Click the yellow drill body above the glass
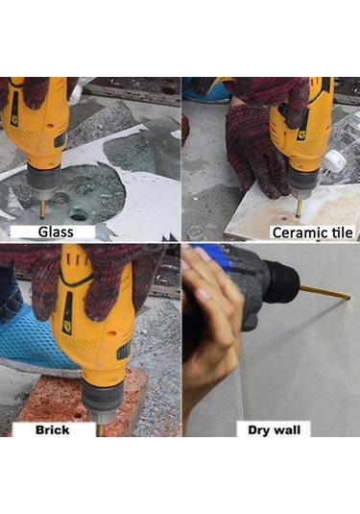click(38, 125)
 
